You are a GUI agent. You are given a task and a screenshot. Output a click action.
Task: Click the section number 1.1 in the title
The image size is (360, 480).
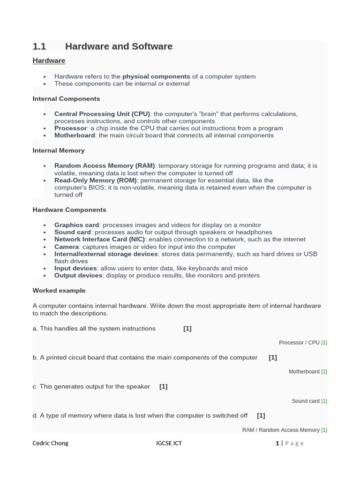(x=39, y=46)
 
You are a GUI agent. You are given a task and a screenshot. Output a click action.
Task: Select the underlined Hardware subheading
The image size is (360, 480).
(x=49, y=60)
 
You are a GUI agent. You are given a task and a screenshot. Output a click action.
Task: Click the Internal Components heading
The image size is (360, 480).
(x=66, y=99)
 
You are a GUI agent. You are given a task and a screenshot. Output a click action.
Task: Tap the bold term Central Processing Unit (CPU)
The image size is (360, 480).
(x=102, y=114)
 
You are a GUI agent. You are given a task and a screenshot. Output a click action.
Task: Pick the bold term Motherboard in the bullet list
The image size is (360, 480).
(x=75, y=135)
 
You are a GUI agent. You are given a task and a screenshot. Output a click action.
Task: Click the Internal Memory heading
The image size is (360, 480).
(x=59, y=150)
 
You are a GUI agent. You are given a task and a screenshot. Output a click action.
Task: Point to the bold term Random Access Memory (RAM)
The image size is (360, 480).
(x=105, y=166)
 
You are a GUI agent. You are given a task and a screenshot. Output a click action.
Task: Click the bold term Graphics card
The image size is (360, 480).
(x=76, y=225)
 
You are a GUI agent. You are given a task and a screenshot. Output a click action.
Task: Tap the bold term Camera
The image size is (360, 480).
(x=67, y=247)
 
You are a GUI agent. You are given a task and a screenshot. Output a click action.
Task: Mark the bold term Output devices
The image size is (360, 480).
(x=78, y=276)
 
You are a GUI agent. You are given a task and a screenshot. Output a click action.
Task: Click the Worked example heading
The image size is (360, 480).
(x=59, y=291)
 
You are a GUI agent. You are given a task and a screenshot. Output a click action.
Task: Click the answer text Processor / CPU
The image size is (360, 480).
(x=299, y=343)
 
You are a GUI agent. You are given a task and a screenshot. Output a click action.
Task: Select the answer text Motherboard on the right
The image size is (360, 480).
(x=304, y=372)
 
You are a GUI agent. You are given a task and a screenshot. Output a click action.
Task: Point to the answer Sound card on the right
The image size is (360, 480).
(x=305, y=401)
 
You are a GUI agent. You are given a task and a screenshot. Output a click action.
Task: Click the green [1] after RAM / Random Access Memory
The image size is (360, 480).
(x=324, y=430)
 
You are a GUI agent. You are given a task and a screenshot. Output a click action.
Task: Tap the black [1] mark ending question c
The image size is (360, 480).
(x=163, y=387)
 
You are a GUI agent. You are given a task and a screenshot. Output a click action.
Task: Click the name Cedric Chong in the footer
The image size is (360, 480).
(x=50, y=443)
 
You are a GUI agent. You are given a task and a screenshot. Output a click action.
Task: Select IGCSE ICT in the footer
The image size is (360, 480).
(x=169, y=443)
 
